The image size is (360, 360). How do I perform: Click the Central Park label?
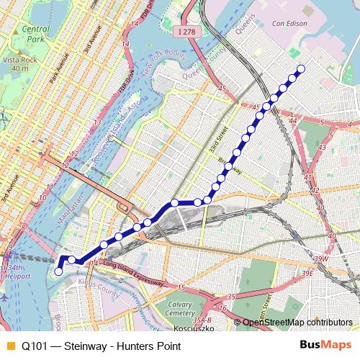pos(35,34)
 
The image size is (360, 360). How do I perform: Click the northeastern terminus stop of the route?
pos(301,69)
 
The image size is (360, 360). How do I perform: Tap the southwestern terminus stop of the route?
pos(58,271)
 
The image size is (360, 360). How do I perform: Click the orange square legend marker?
pos(9,346)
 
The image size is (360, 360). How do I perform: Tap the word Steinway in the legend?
pos(87,346)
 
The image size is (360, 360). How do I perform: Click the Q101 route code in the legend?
pos(35,346)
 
